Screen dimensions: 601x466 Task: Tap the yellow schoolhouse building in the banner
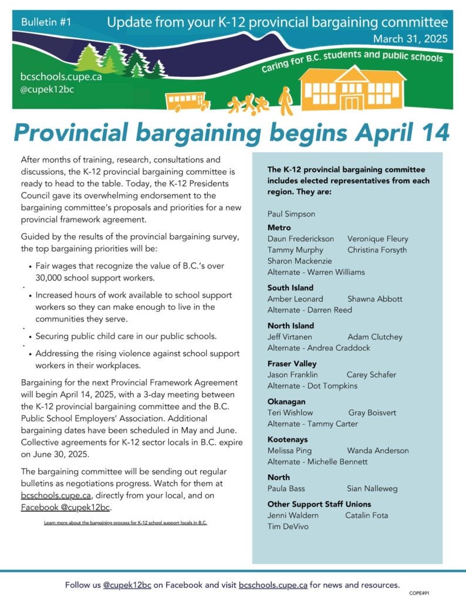click(x=351, y=89)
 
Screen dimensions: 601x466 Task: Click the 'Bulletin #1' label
click(x=46, y=22)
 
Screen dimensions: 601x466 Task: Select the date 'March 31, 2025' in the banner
click(x=410, y=39)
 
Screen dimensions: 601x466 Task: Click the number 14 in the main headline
click(x=430, y=132)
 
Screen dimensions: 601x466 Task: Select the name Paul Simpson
click(x=291, y=214)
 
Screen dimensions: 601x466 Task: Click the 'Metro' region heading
click(x=279, y=227)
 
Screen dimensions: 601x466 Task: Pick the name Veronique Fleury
click(x=377, y=239)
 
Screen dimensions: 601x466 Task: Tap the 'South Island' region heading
click(x=291, y=288)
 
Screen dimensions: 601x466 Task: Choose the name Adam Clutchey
click(x=374, y=337)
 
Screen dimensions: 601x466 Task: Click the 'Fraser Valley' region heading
click(x=292, y=363)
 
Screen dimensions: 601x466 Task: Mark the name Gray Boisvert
click(x=372, y=413)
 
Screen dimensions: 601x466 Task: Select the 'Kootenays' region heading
click(x=288, y=439)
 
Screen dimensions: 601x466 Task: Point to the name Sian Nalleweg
click(x=372, y=488)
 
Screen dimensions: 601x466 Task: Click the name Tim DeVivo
click(x=288, y=526)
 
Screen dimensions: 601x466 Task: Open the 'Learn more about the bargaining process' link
click(x=126, y=522)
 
